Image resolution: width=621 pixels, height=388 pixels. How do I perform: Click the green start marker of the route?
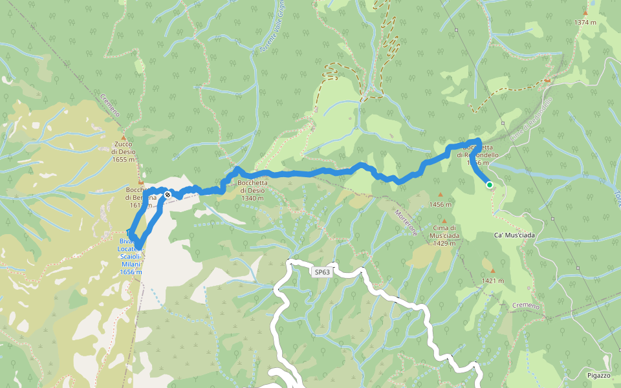pos(490,185)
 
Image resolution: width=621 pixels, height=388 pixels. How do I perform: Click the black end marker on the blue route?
pos(168,195)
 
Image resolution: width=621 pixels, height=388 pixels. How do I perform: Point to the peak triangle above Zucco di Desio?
pos(123,138)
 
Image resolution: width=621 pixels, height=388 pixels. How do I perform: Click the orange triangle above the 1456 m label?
pos(441,195)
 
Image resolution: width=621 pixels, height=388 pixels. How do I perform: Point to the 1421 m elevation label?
pos(493,281)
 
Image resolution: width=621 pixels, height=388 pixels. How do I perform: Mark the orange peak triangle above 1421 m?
pos(493,271)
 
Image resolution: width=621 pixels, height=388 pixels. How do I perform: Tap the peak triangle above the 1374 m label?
pos(585,12)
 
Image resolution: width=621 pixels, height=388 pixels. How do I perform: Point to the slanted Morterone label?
pos(406,221)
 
